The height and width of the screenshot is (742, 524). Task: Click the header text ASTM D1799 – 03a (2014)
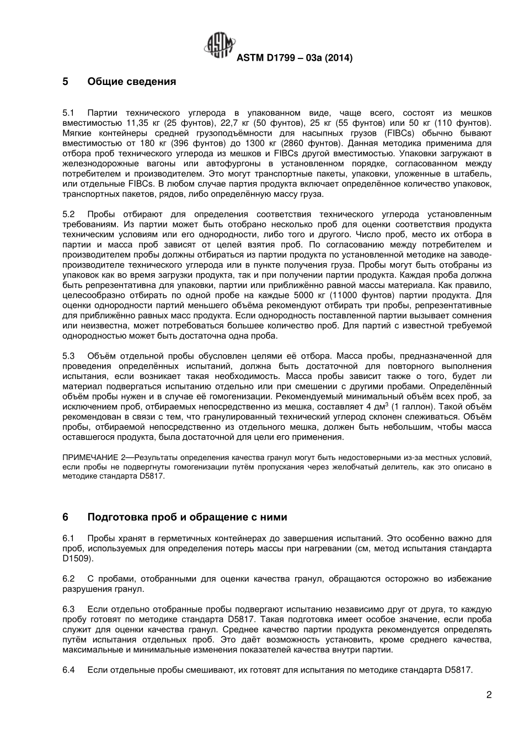pos(294,57)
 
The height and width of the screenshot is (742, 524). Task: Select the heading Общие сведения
pos(131,82)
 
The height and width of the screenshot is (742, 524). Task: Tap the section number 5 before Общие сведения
pos(66,82)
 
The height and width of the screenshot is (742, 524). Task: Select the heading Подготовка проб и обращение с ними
pos(187,517)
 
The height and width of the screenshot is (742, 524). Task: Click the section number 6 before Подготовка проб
pos(66,517)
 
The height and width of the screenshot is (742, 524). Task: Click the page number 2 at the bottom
pos(489,695)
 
